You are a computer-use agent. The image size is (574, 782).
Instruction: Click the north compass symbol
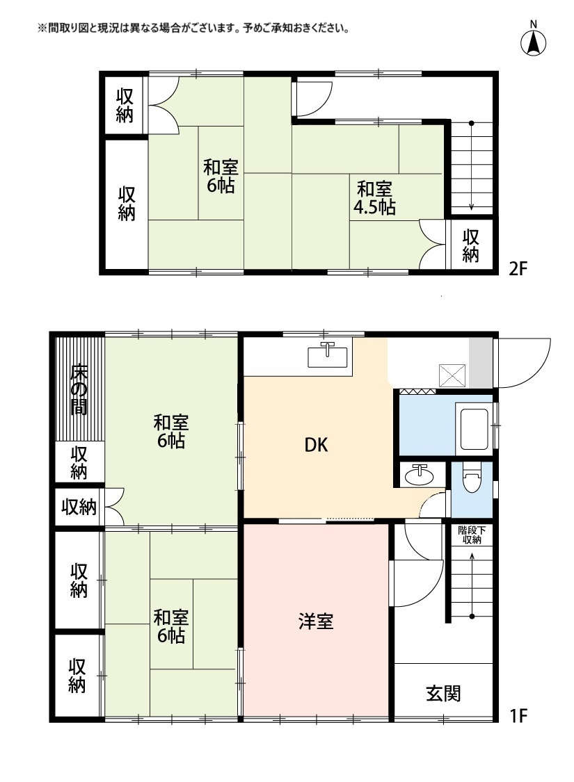534,42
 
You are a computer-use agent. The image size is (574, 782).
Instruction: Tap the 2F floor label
520,269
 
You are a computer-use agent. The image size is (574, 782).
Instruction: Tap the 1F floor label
519,715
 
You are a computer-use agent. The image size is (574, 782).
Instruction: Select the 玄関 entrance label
443,693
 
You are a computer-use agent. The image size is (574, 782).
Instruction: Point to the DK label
315,446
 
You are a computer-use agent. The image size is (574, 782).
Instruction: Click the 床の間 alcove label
79,389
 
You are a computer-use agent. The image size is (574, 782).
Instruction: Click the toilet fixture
471,479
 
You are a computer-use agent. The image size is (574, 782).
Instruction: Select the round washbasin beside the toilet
420,475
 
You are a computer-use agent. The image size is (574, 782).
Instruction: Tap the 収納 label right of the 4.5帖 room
471,245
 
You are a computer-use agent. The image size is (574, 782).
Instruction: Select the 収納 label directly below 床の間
79,463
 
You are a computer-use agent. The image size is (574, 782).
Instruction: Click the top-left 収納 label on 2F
125,106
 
